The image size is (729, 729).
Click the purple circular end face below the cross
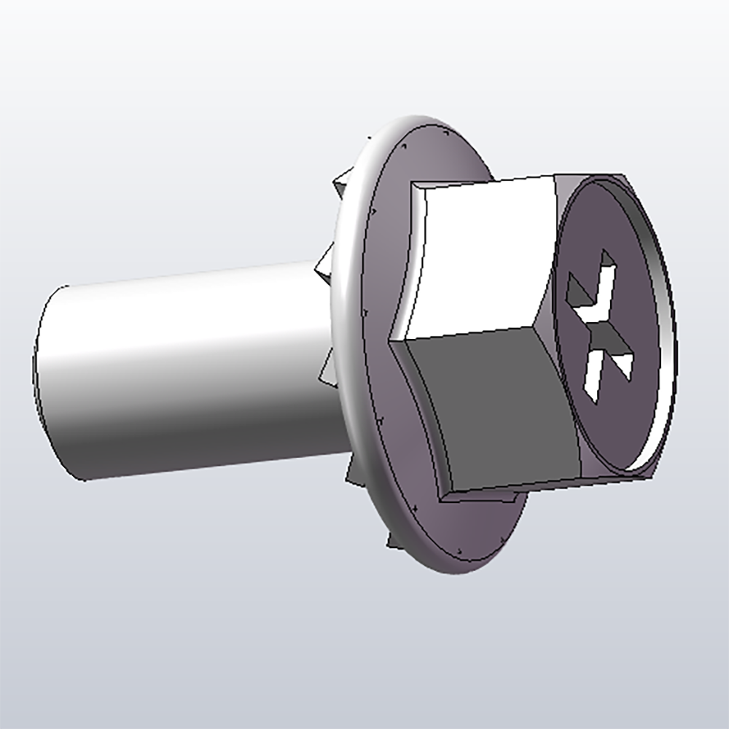pos(612,430)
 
